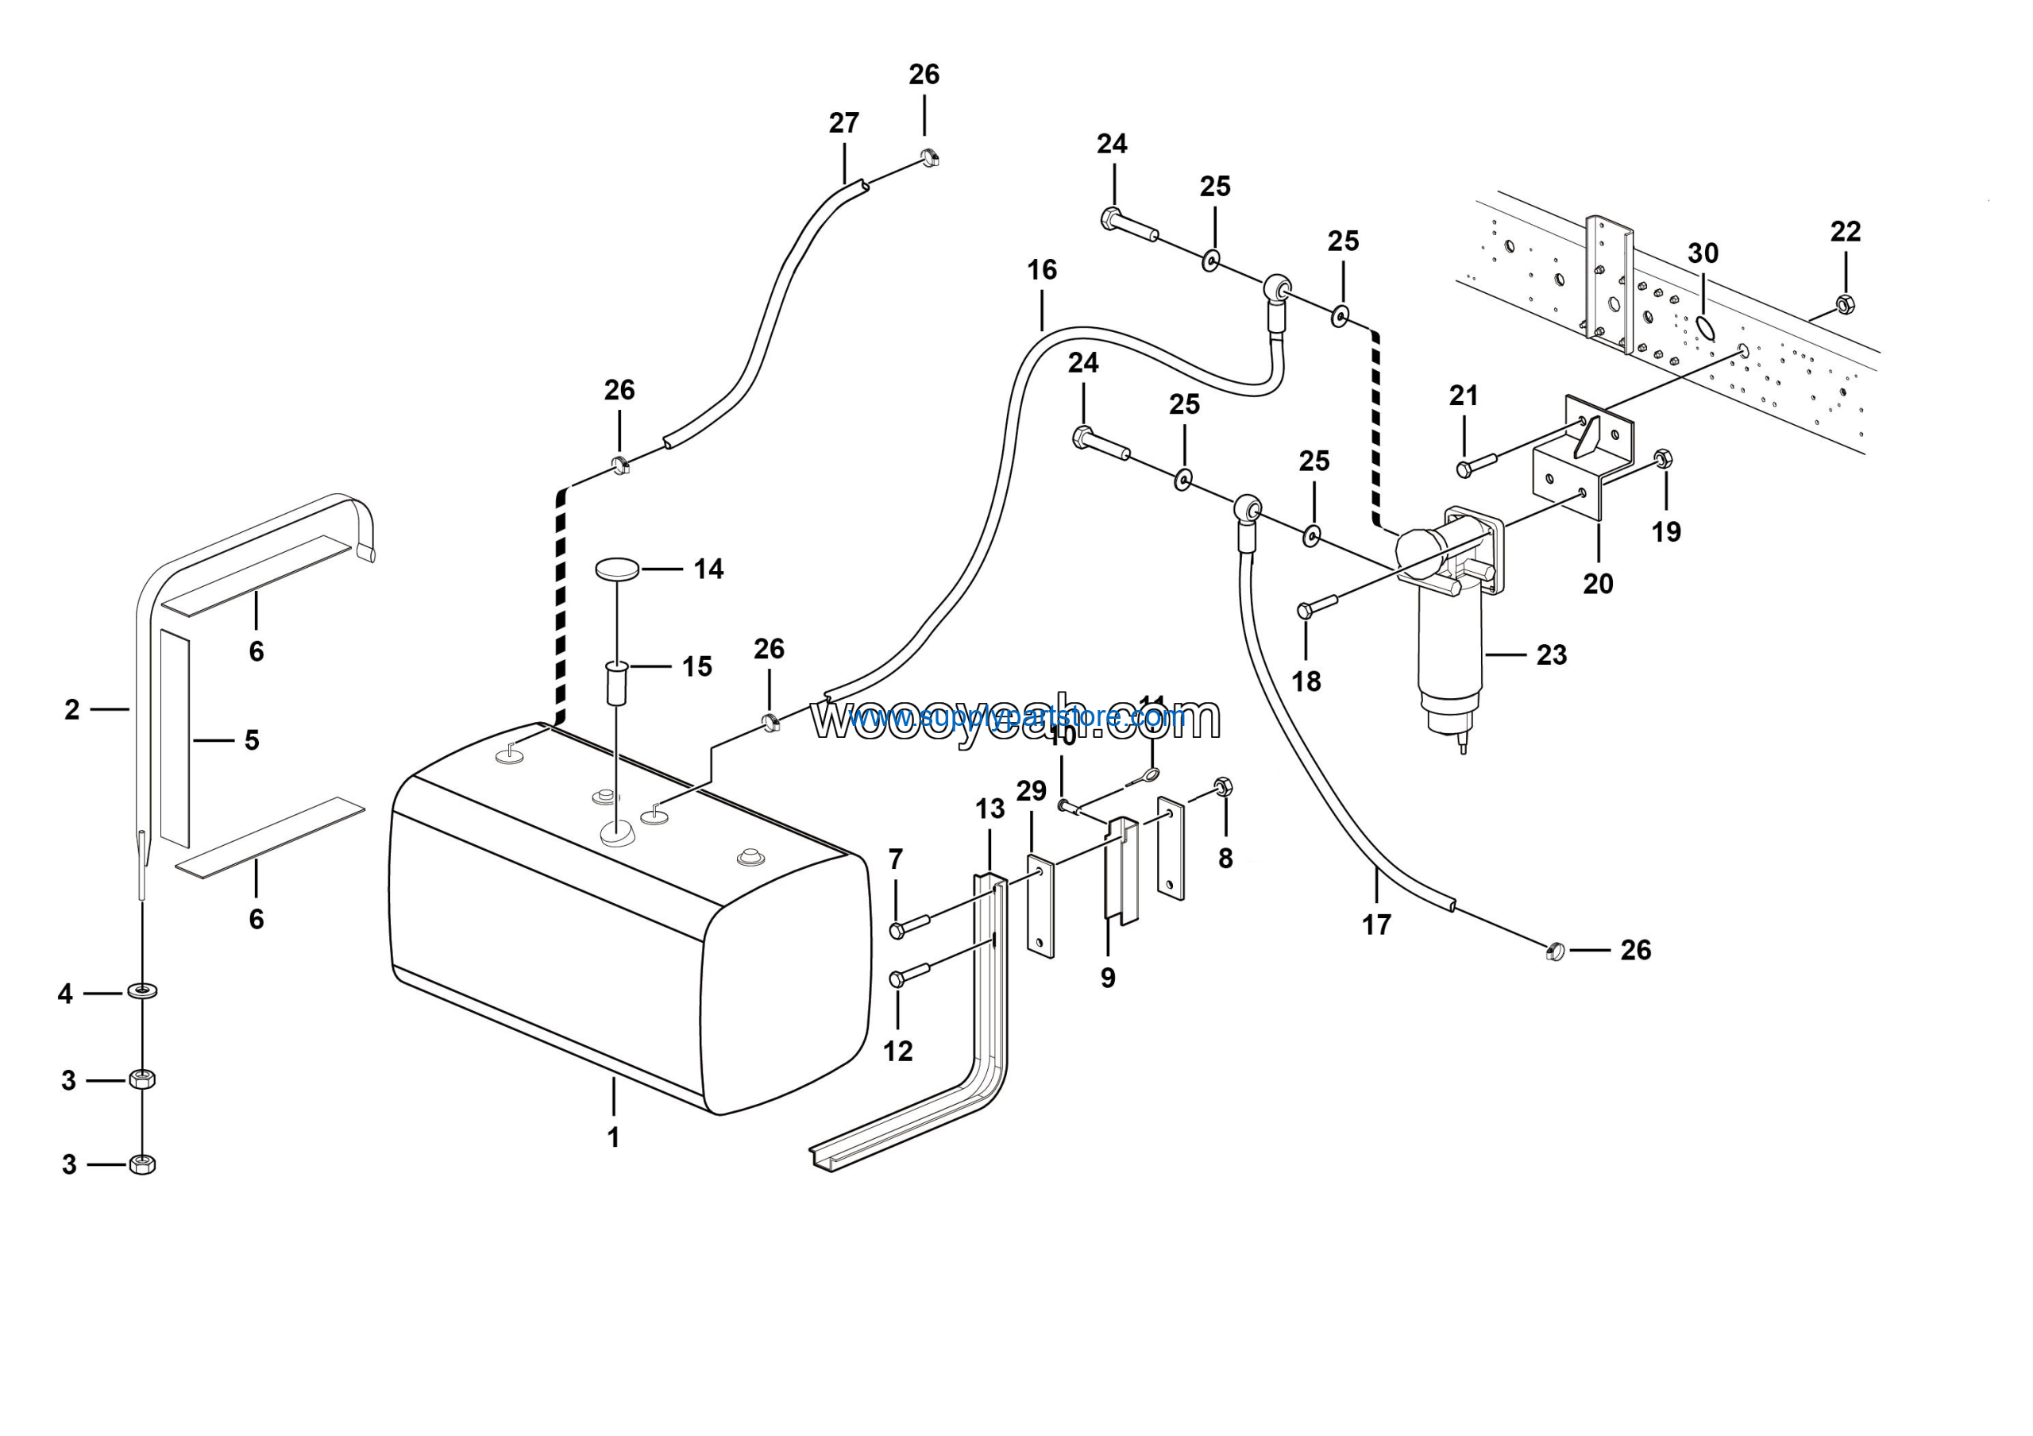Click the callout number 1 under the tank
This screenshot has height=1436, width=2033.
(x=613, y=1137)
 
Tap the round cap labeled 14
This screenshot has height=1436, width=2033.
(x=617, y=569)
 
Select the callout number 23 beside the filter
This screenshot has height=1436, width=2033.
(x=1551, y=655)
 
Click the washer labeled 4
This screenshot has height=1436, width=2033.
(x=143, y=989)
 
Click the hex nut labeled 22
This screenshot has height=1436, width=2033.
(x=1846, y=304)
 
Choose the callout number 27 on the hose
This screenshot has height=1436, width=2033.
(x=844, y=123)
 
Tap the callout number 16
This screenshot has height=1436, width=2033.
(x=1042, y=270)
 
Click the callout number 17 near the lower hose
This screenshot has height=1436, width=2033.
(x=1376, y=925)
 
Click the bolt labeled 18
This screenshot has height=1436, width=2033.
(x=1317, y=607)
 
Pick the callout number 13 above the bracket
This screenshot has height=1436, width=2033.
(x=990, y=809)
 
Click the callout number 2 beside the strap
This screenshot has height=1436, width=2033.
(x=72, y=709)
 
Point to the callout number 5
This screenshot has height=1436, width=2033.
(x=253, y=740)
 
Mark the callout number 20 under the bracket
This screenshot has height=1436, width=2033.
(x=1599, y=585)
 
